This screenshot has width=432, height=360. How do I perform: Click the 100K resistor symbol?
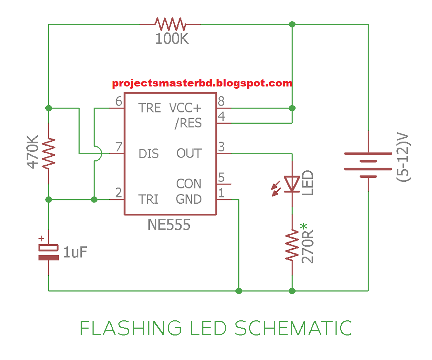pos(170,25)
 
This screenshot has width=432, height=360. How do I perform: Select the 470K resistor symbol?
pos(49,153)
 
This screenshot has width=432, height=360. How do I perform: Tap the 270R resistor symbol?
pos(292,247)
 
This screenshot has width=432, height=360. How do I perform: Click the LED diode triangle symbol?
pos(292,184)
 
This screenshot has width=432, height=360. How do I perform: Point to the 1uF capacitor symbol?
pos(49,252)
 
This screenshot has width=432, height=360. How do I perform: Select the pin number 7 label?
pos(118,147)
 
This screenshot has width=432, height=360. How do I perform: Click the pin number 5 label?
pos(221,177)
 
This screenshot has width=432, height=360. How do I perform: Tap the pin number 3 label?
pos(221,147)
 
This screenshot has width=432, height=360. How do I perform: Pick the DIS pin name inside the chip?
pos(149,154)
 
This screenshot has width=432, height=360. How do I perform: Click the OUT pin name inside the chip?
pos(189,154)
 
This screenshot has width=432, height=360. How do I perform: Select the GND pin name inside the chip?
pos(189,199)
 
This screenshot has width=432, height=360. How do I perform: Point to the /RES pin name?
pos(188,123)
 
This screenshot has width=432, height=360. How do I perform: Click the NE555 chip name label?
pos(169,226)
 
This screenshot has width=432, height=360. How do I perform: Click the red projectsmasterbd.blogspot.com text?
pos(202,83)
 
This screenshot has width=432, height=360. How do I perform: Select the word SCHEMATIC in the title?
pos(293,328)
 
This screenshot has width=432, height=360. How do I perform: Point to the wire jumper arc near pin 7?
pos(99,154)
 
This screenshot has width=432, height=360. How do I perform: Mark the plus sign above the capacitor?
pos(41,238)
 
